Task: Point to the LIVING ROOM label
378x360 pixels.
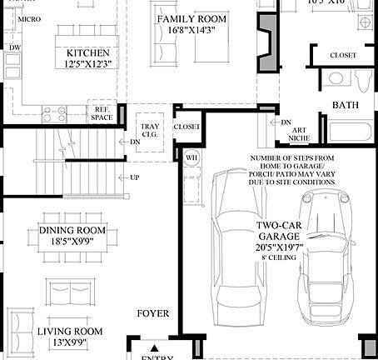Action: click(70, 331)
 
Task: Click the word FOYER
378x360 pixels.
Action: click(153, 314)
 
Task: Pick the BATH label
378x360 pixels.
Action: click(346, 105)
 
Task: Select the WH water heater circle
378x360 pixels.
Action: click(191, 157)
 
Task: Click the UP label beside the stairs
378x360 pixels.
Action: click(134, 178)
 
